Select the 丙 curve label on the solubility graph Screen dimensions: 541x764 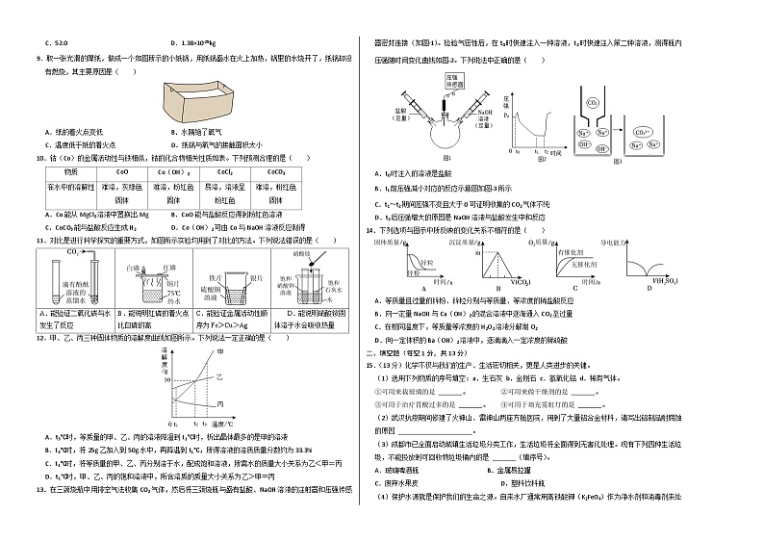pos(222,402)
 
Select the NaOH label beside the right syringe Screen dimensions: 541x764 pos(484,114)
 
